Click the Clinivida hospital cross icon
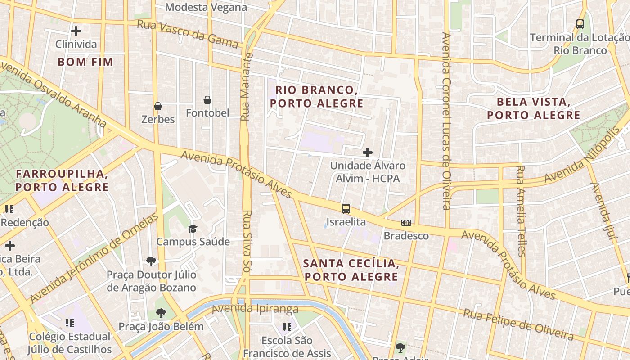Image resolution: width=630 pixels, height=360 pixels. point(76,31)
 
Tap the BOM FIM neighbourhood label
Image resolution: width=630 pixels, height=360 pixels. point(85,62)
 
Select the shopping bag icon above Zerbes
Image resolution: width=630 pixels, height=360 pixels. point(158,106)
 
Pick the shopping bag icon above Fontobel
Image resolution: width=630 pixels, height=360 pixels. point(207,99)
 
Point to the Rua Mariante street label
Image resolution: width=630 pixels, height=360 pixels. point(245,87)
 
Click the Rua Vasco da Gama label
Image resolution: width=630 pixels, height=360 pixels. point(188,34)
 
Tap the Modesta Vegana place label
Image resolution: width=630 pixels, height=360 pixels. point(206,7)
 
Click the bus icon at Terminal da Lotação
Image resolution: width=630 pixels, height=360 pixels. point(580,24)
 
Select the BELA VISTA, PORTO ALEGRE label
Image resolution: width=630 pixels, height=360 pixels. point(534,108)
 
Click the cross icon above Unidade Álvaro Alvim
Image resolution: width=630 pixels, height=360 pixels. point(368,153)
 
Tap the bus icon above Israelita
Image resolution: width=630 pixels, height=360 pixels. point(346,208)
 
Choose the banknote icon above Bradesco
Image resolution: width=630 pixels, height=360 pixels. point(406,223)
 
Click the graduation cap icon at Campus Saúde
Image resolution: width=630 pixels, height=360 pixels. point(193,229)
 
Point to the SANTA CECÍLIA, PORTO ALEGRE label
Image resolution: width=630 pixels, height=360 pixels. point(351,270)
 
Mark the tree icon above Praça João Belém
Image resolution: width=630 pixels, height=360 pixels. point(161,313)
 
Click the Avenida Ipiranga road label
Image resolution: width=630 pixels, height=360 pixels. point(255,309)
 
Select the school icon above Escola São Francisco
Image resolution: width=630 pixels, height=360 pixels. point(287,327)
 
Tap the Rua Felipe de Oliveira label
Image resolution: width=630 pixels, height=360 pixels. point(518,324)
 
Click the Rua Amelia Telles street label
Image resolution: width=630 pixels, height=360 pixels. point(521,211)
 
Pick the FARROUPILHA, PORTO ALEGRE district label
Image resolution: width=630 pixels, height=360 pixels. point(62,180)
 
